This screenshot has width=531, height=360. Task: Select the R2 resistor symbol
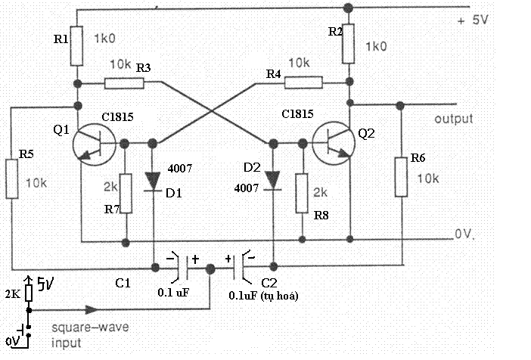coord(349,46)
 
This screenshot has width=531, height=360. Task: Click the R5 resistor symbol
coord(11,179)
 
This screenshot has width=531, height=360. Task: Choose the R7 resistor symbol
coord(126,193)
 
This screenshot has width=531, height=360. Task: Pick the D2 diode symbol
coord(273,179)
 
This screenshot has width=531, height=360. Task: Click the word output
coord(454,119)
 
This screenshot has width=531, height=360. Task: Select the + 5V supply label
coord(474,21)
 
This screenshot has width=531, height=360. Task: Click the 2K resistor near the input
coord(28,292)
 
